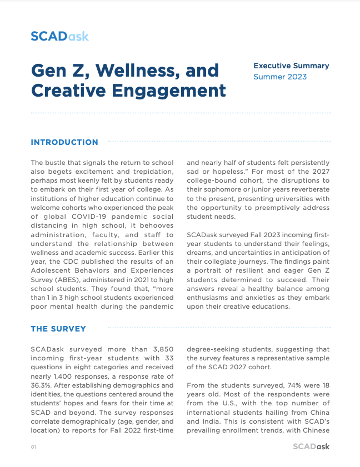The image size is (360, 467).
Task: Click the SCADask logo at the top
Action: click(59, 37)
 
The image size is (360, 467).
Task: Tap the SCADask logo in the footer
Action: click(311, 446)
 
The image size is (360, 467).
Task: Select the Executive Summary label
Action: click(291, 66)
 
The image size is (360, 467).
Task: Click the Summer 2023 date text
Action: click(280, 77)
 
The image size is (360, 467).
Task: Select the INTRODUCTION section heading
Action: click(64, 142)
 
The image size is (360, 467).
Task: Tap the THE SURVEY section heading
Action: click(58, 329)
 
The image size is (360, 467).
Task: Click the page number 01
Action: click(33, 447)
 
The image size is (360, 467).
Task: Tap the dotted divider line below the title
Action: click(181, 113)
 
